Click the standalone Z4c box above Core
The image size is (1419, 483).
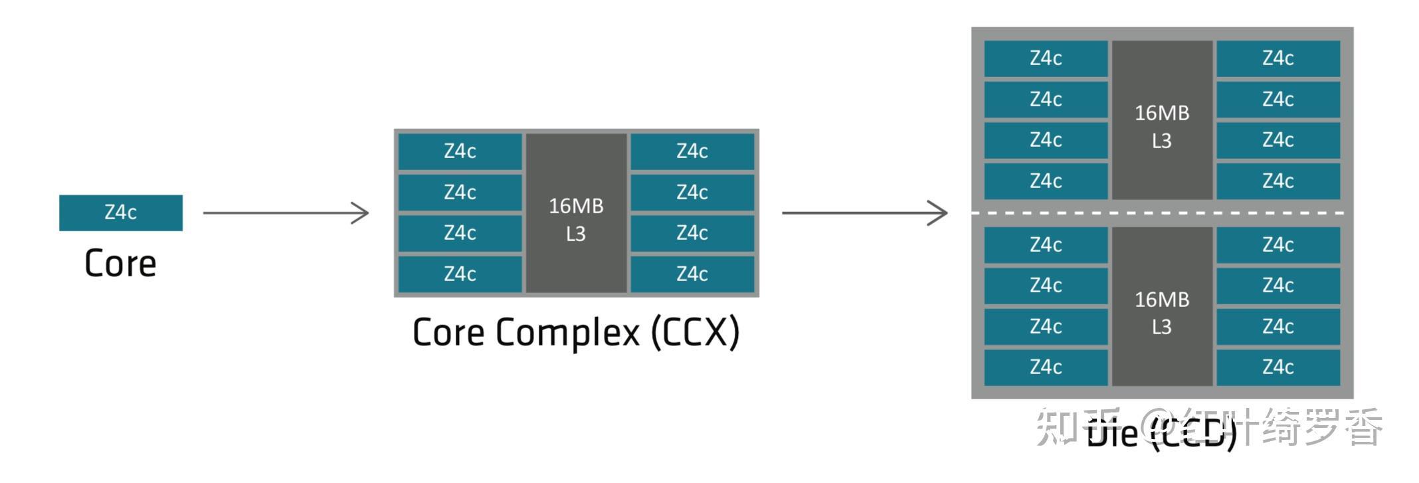121,213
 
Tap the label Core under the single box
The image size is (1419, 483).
120,264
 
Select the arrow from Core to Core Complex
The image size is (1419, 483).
286,213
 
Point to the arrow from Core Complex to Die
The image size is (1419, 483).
864,213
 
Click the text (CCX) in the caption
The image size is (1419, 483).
695,332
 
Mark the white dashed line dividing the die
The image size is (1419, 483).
1161,213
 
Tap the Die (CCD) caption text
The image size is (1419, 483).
1163,433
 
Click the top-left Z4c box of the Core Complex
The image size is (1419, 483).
460,151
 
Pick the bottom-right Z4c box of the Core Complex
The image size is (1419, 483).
692,274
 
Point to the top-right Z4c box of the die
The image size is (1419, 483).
1278,58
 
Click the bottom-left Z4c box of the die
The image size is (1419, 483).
1046,367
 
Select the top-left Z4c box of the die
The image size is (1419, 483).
1046,58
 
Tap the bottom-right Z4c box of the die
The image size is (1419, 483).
1278,367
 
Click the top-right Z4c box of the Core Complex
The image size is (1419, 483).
692,151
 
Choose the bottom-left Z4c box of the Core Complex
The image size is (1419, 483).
460,274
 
